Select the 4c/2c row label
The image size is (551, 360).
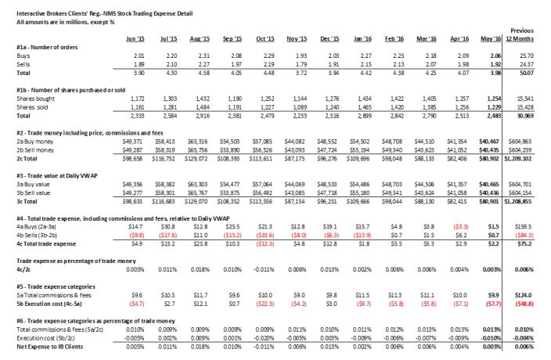point(25,267)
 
